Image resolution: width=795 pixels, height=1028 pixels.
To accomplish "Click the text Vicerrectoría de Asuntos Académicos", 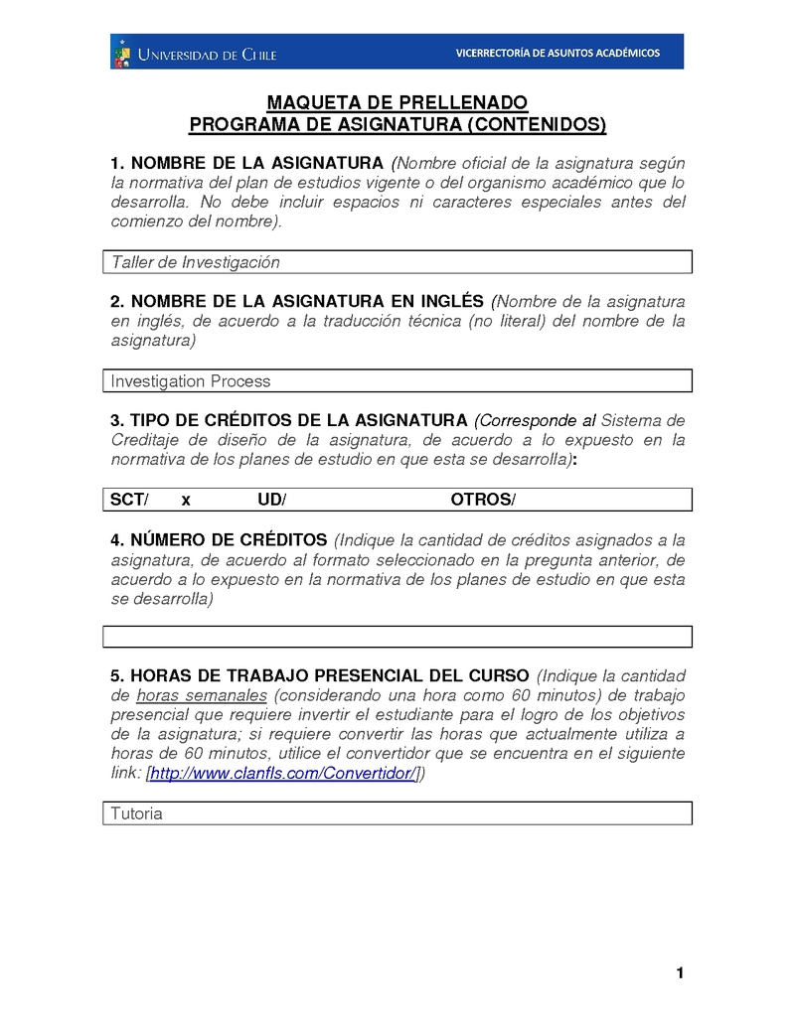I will tap(556, 53).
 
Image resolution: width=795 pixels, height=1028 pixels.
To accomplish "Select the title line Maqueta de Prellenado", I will tap(397, 103).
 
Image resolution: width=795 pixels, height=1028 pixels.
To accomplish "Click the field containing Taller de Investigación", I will tap(397, 262).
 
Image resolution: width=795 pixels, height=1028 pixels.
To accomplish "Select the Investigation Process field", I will tap(397, 380).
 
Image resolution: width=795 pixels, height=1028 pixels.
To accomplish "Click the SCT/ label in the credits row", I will tap(129, 500).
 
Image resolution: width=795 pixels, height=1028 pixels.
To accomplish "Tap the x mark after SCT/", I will tap(186, 500).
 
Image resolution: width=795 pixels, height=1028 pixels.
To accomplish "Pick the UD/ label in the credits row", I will tap(271, 500).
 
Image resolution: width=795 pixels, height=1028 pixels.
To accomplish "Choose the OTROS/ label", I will tap(483, 500).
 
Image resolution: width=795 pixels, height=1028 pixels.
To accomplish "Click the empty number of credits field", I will tap(397, 637).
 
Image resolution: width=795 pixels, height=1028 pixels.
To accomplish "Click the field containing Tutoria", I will tap(397, 813).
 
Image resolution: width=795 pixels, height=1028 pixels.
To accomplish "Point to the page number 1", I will tap(680, 972).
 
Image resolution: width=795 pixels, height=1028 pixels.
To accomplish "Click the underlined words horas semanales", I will tap(202, 694).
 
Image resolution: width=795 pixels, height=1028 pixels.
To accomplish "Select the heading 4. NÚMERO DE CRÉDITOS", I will tap(219, 540).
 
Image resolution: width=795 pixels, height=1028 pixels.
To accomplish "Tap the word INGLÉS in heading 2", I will tap(447, 301).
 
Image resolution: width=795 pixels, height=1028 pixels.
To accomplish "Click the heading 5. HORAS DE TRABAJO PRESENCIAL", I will tap(320, 674).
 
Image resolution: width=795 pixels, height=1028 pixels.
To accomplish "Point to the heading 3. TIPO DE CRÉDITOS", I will tap(288, 420).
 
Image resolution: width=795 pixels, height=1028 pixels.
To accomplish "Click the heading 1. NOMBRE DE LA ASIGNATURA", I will tap(246, 163).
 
